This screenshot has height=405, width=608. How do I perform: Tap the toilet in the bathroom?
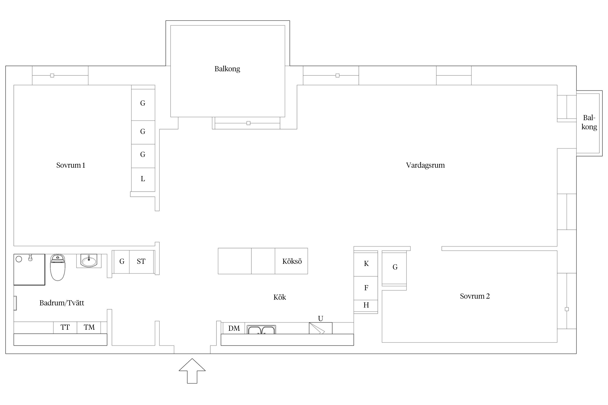pyautogui.click(x=58, y=267)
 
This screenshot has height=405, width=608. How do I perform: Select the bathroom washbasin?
pyautogui.click(x=89, y=261)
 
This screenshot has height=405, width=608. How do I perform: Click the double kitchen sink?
pyautogui.click(x=262, y=330)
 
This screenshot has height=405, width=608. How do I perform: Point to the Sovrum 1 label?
pyautogui.click(x=71, y=165)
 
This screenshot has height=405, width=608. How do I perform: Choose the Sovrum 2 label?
pyautogui.click(x=475, y=296)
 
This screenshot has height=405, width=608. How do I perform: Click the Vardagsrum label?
pyautogui.click(x=425, y=165)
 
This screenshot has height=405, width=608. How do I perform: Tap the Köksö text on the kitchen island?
pyautogui.click(x=292, y=261)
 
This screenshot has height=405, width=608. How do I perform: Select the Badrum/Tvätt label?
pyautogui.click(x=62, y=303)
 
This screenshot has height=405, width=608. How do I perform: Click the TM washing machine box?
pyautogui.click(x=89, y=328)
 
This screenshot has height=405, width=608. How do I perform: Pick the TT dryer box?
pyautogui.click(x=65, y=328)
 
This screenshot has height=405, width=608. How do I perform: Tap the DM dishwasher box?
pyautogui.click(x=234, y=328)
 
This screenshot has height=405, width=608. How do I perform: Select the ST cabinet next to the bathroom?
pyautogui.click(x=141, y=262)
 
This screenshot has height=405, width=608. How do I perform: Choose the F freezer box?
pyautogui.click(x=366, y=288)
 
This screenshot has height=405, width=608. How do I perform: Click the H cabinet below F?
pyautogui.click(x=366, y=306)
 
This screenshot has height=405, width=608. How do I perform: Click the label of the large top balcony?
pyautogui.click(x=227, y=69)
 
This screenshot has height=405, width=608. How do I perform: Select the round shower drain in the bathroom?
pyautogui.click(x=19, y=259)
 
